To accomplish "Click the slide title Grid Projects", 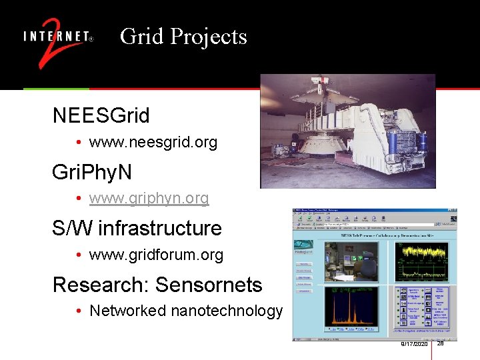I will pos(183,36).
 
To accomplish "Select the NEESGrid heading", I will pos(101,115).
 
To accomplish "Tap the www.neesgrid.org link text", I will pos(153,143).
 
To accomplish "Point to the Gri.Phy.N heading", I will pos(91,172).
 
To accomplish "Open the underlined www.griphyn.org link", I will pos(149,199).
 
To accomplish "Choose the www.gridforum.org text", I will pos(156,255).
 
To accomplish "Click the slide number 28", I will pos(441,343).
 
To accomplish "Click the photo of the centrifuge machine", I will pos(347,131).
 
